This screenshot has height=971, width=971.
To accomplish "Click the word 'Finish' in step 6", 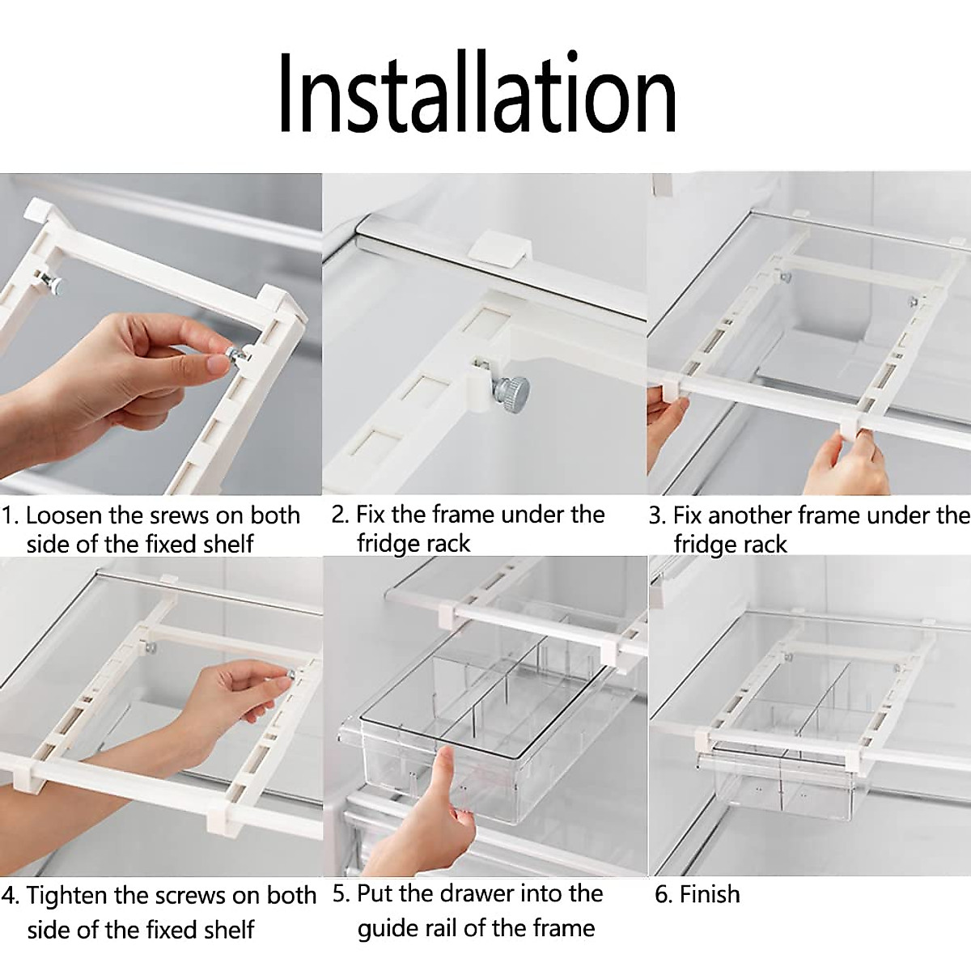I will click(709, 894).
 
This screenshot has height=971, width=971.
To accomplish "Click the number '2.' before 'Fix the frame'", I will click(340, 515).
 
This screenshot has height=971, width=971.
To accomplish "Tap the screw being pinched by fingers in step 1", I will click(237, 357).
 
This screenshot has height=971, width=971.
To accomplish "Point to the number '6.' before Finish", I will click(664, 894).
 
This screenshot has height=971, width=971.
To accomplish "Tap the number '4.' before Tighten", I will click(11, 896).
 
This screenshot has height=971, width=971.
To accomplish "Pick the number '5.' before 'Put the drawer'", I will click(341, 894).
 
